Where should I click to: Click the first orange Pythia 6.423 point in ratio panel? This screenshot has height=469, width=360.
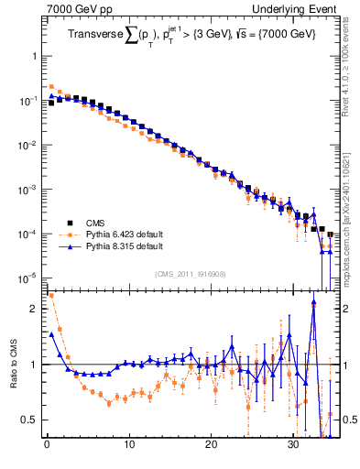pyautogui.click(x=50, y=296)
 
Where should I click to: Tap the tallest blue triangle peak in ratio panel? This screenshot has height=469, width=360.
pyautogui.click(x=313, y=305)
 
